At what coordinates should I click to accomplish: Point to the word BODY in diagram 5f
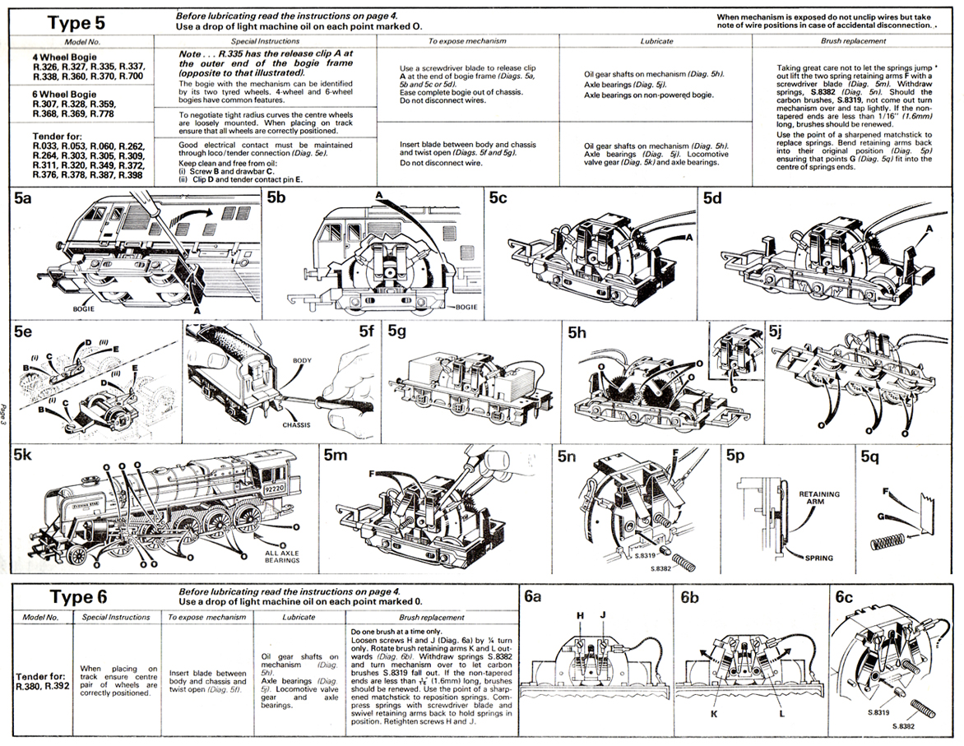tap(303, 360)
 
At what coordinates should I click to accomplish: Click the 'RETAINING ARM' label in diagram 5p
tap(819, 499)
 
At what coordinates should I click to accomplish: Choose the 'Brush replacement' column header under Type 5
tap(854, 40)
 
